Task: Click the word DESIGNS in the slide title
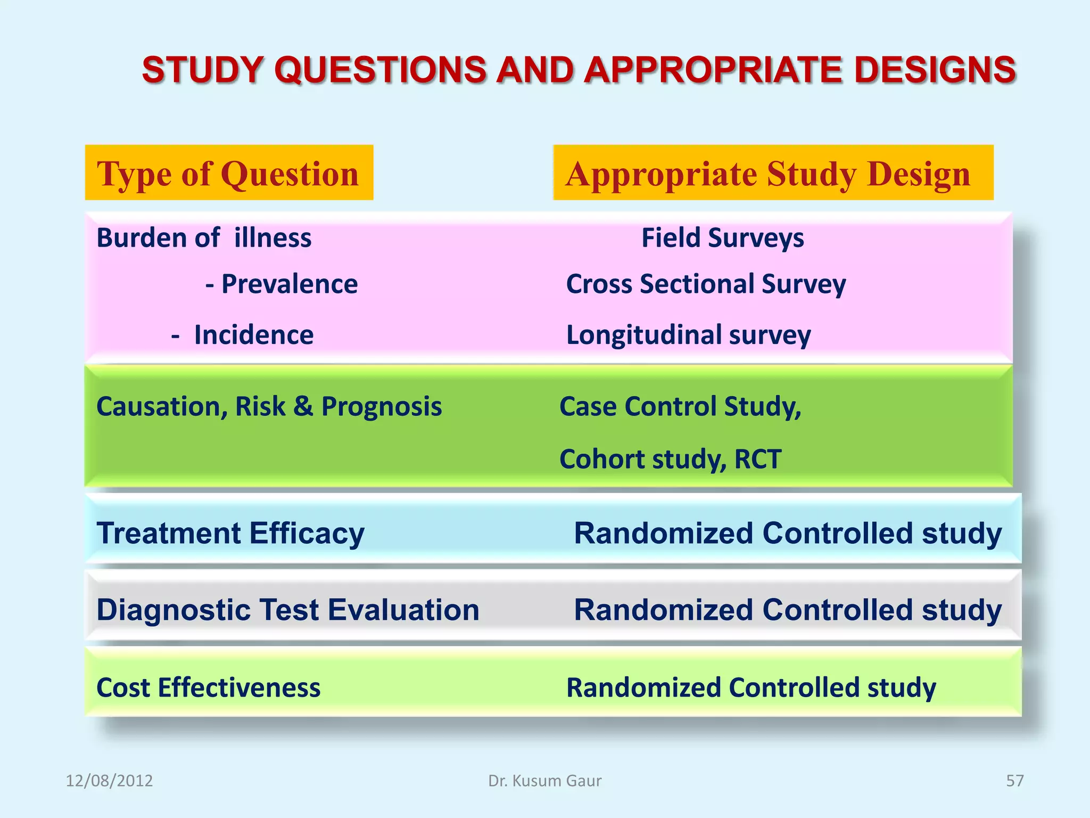935,70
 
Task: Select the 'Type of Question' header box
229,173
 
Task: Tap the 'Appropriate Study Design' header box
773,173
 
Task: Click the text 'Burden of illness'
204,238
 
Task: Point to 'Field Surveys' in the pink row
722,238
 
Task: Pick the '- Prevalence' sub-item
282,284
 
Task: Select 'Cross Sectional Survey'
706,284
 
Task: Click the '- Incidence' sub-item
243,335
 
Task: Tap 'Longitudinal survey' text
688,335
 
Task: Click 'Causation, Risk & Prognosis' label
269,406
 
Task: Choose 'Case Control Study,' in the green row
680,406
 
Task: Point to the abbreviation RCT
758,459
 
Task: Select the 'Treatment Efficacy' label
230,533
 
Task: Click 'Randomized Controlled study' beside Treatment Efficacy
788,533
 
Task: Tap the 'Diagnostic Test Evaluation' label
288,610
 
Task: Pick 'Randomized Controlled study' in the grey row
788,610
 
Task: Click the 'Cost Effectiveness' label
209,688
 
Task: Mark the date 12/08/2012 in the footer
109,781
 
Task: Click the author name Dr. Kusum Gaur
545,781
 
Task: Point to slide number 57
1014,781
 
